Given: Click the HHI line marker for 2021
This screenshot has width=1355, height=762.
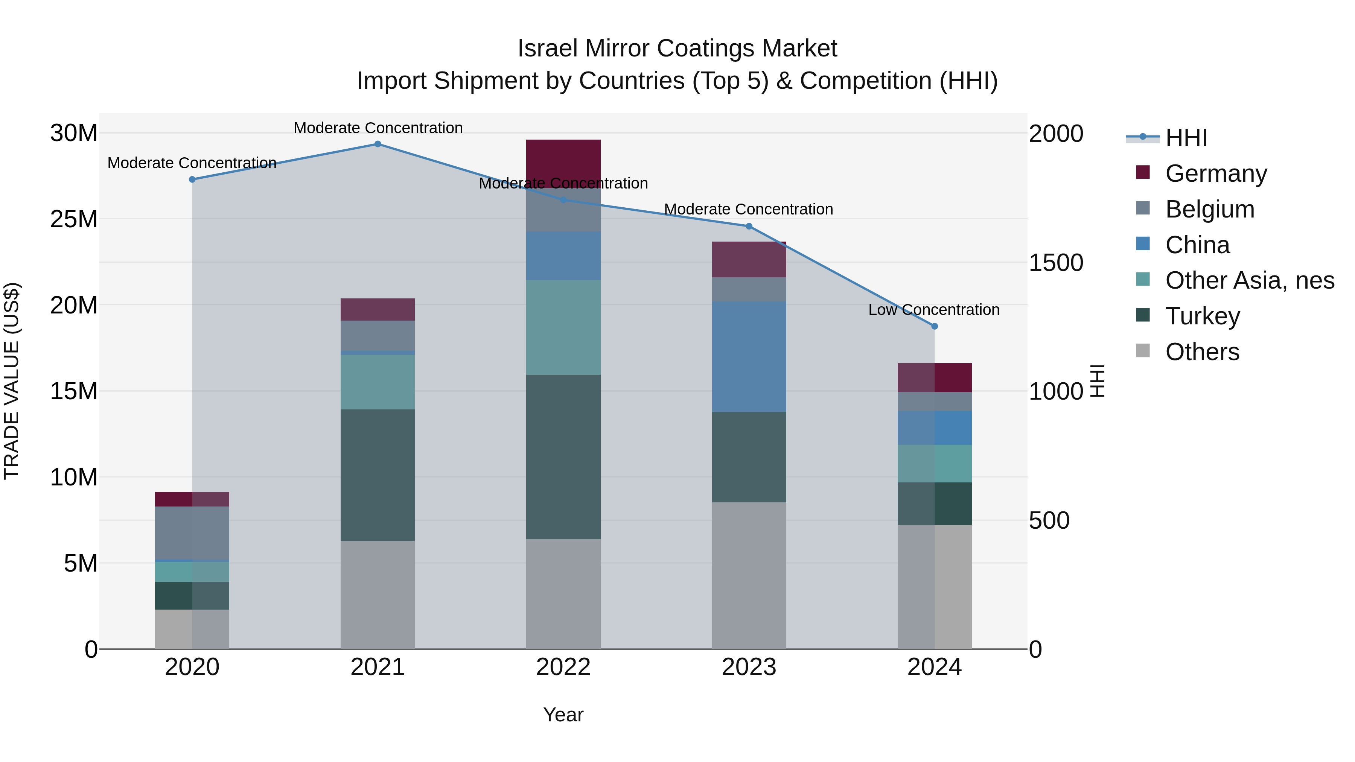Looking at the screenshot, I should tap(378, 144).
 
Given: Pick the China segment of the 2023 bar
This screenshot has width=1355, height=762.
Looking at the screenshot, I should tap(749, 357).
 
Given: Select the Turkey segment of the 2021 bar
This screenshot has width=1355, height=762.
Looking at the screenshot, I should tap(378, 475).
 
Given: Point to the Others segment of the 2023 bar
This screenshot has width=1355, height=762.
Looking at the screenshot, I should tap(749, 575).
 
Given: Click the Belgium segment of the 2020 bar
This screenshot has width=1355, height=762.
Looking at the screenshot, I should tap(192, 533).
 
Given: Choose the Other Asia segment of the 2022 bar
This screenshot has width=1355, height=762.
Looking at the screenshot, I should tap(563, 327).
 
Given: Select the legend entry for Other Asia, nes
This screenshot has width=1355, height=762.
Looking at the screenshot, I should tap(1250, 280).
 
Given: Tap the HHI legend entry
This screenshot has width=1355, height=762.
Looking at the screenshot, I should tap(1186, 138).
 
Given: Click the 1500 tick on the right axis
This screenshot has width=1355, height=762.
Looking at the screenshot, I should tap(1056, 263).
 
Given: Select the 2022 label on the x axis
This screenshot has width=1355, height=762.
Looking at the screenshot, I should tap(563, 667).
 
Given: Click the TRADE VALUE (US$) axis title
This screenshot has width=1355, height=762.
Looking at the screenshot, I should tap(12, 381).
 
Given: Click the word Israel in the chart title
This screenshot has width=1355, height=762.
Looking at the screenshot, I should tap(548, 49).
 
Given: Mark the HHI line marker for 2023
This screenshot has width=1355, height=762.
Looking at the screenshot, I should tap(749, 227).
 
